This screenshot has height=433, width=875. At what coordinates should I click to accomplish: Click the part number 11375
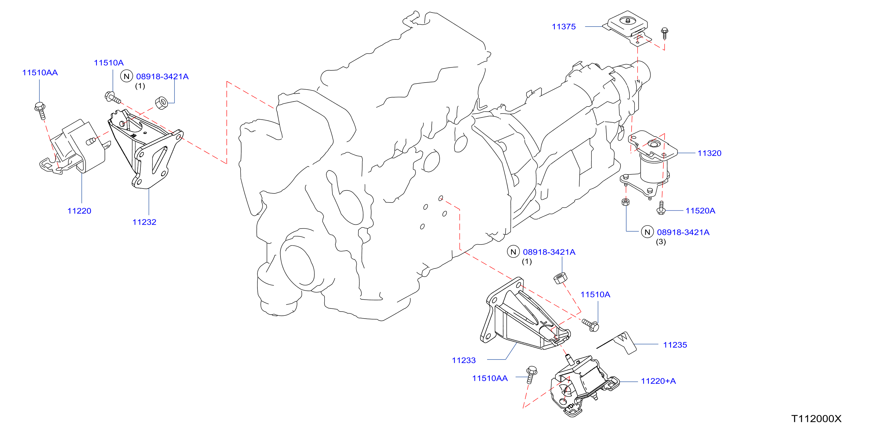click(x=564, y=27)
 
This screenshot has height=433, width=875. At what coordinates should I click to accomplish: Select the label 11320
click(x=709, y=153)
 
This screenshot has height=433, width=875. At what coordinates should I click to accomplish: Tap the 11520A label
click(x=700, y=211)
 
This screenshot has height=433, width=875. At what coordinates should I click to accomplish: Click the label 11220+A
click(x=658, y=381)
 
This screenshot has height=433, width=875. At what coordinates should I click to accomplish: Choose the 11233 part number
click(x=464, y=360)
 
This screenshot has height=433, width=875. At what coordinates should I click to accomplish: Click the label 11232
click(x=144, y=222)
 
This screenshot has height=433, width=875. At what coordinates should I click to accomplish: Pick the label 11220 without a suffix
click(x=79, y=211)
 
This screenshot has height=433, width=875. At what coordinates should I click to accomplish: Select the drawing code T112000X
click(x=817, y=419)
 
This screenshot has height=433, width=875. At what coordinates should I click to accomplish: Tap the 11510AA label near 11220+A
click(x=490, y=378)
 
